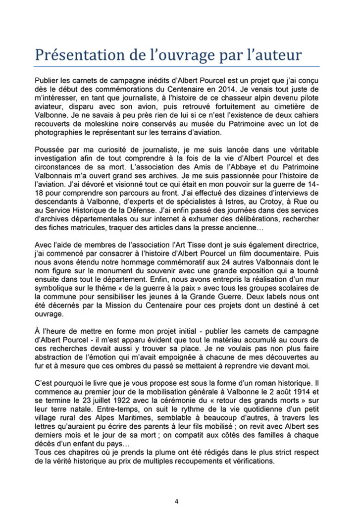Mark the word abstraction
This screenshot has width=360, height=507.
tap(56, 357)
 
